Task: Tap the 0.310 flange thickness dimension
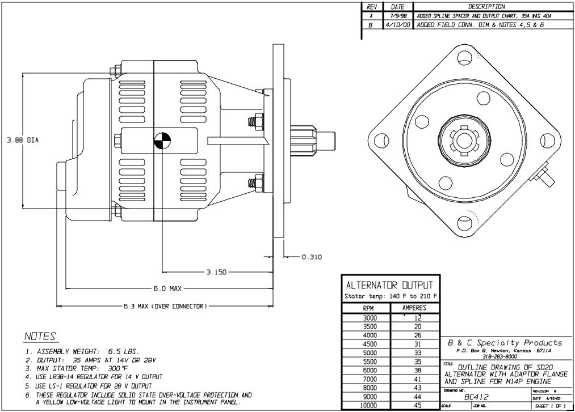(312, 257)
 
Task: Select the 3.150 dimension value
(216, 272)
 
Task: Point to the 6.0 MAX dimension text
(167, 288)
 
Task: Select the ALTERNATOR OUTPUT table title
(389, 284)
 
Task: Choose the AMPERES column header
(414, 308)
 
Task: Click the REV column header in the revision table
(372, 6)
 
